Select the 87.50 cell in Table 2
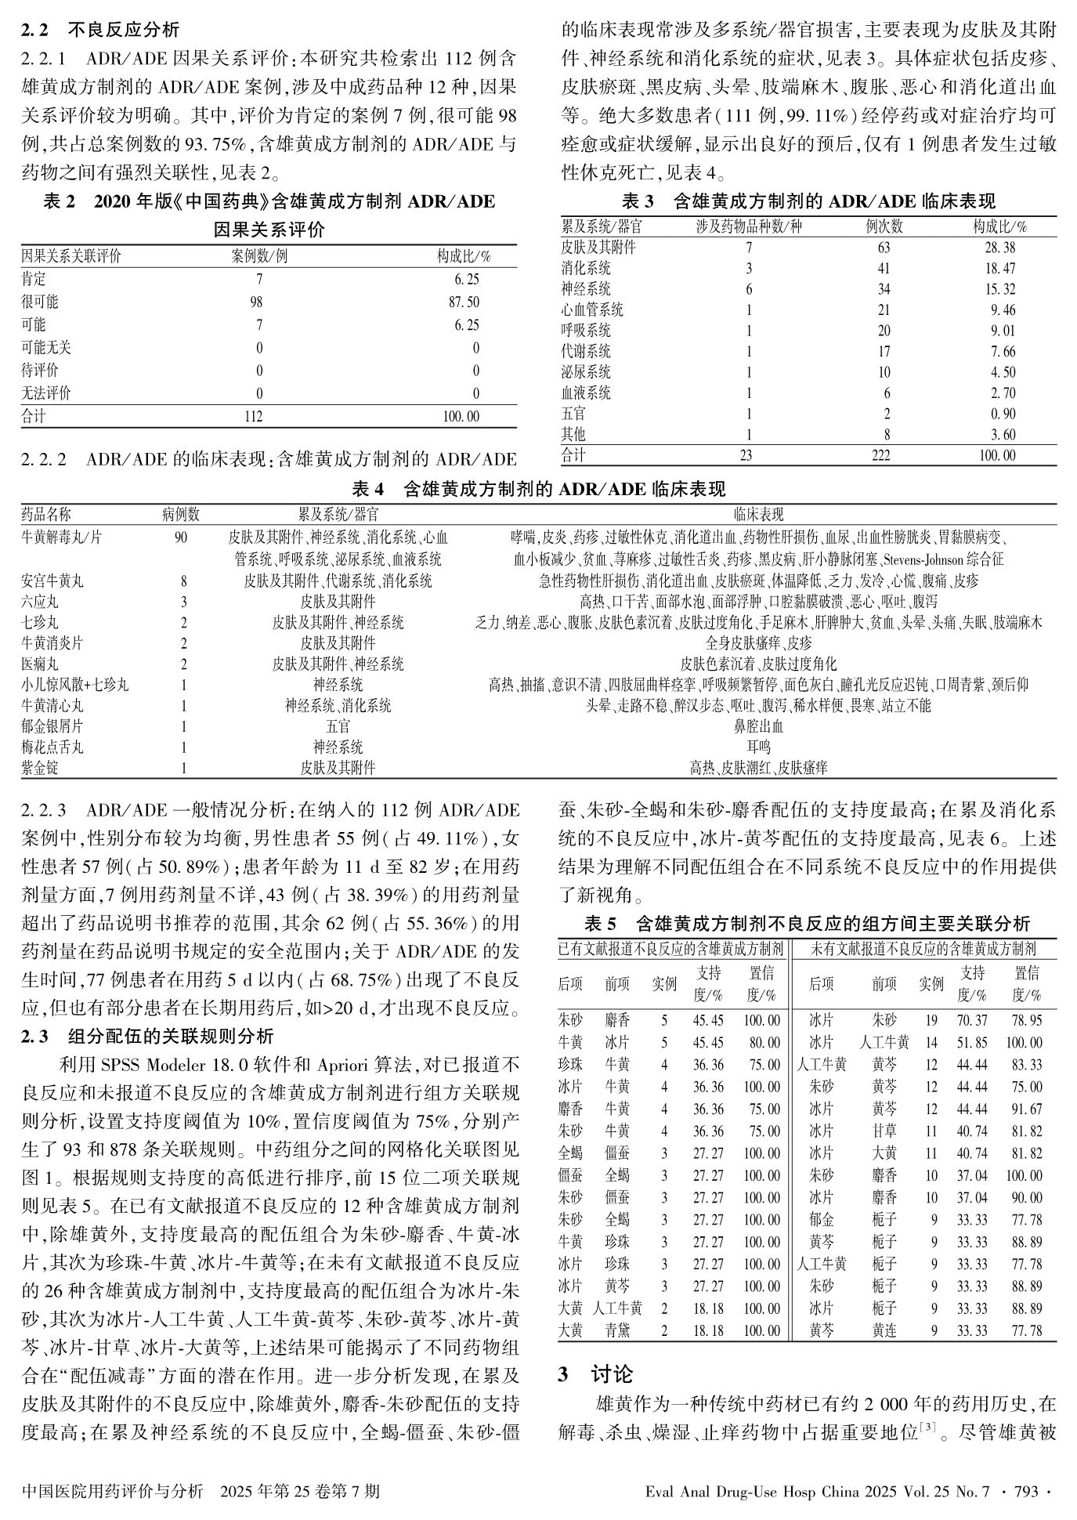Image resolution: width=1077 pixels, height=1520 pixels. [463, 302]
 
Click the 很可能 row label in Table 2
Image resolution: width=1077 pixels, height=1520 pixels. [39, 302]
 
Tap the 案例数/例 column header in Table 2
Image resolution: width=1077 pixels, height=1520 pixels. [259, 256]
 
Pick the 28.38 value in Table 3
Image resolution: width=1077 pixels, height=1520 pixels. [1000, 248]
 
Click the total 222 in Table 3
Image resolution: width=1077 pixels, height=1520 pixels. [884, 455]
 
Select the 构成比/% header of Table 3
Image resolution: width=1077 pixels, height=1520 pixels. [1000, 227]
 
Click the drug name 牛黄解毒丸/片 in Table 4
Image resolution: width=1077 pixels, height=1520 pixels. [61, 538]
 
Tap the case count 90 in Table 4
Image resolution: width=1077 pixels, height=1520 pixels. [181, 538]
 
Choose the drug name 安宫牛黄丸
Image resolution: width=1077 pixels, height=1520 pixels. [52, 581]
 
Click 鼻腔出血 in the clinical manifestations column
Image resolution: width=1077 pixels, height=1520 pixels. [758, 726]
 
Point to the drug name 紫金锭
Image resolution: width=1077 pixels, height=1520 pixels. [40, 768]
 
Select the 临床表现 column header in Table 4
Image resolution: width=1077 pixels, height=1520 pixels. [758, 515]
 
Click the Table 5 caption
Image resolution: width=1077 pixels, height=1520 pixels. [807, 923]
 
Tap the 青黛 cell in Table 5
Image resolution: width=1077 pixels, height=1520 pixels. [617, 1330]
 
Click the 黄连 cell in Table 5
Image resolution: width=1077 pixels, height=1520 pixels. [884, 1330]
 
